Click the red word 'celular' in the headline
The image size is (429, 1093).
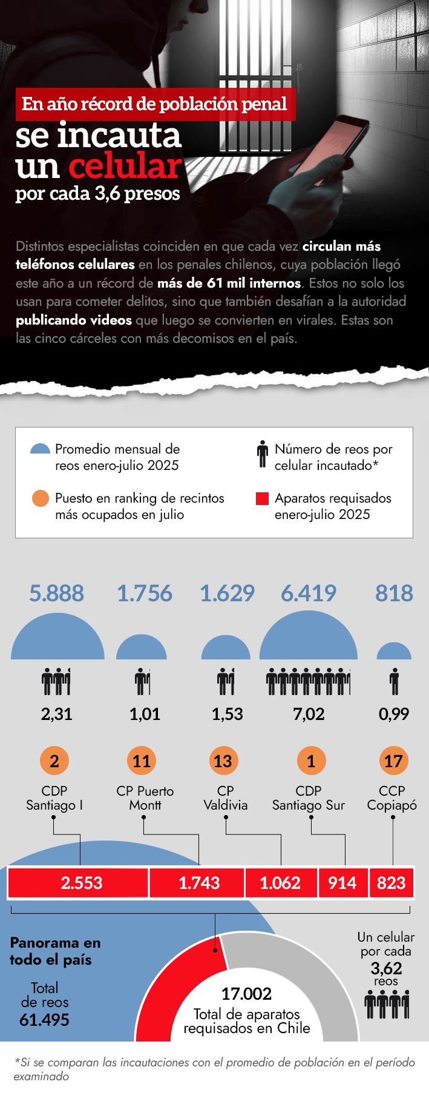click(125, 166)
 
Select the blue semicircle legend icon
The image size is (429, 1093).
click(40, 449)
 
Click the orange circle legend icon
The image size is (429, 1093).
click(40, 498)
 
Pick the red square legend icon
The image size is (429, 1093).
click(262, 498)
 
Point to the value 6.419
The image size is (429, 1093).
click(309, 593)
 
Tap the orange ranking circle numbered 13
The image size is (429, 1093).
click(223, 761)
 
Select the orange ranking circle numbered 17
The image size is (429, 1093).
click(393, 761)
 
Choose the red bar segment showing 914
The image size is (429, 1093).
click(342, 883)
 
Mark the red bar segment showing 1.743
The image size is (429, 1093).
click(198, 883)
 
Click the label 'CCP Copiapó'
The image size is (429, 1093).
click(392, 798)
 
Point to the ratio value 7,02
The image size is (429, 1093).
click(309, 714)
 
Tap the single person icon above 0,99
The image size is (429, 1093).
click(394, 681)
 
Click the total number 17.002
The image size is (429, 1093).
click(246, 994)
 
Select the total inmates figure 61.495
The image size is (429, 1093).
click(44, 1020)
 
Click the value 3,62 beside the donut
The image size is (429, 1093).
click(386, 968)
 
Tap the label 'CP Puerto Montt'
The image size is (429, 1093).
click(145, 798)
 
